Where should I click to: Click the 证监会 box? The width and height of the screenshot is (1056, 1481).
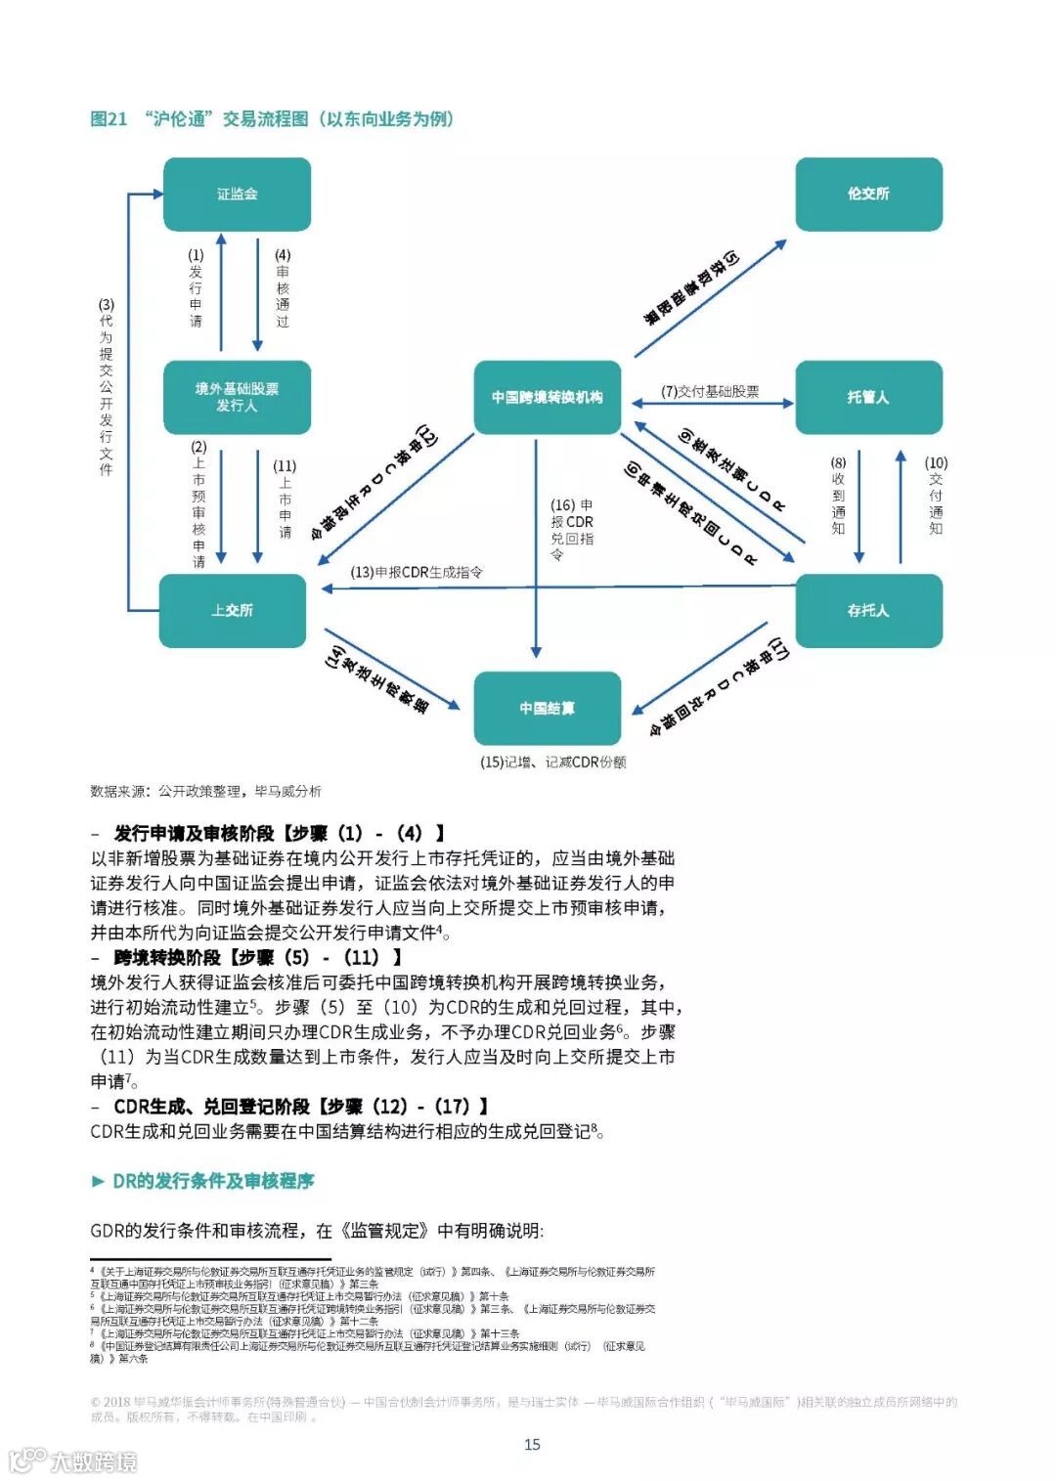coord(237,195)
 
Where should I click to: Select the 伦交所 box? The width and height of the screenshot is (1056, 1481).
coord(868,195)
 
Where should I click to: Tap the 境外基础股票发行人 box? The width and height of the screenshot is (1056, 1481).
coord(237,397)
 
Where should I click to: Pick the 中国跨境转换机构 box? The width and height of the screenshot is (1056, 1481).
coord(547,397)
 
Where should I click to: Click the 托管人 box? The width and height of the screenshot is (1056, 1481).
coord(868,397)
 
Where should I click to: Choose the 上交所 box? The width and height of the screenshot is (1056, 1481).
coord(233,610)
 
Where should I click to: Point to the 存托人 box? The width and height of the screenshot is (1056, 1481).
coord(868,610)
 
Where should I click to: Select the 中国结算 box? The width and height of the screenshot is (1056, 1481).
coord(547,708)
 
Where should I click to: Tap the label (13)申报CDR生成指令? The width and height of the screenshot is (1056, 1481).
coord(417,572)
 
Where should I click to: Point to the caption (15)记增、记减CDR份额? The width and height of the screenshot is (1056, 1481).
coord(552,762)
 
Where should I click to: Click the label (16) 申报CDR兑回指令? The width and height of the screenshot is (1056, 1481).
coord(571,529)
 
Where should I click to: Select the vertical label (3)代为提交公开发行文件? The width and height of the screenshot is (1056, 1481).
coord(106,387)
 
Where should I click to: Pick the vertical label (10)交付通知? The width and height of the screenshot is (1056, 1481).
coord(936,496)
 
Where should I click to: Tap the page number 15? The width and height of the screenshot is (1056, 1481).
coord(532,1444)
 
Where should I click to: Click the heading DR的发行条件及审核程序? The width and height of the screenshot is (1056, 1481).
coord(212,1181)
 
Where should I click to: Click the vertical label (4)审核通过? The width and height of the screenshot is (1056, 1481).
coord(283,288)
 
